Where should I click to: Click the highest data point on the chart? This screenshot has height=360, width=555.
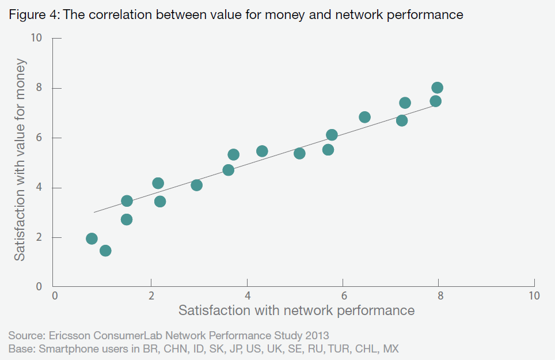pos(437,88)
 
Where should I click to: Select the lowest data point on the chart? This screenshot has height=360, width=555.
pos(105,251)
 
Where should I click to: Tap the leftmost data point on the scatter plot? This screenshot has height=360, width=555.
pos(92,238)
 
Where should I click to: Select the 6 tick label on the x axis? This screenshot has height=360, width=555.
pos(343,297)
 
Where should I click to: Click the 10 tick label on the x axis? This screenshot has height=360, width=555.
pos(534,297)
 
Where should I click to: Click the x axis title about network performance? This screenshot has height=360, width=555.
pos(296,311)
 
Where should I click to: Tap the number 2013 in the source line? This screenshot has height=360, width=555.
pos(317,335)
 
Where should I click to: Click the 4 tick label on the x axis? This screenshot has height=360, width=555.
pos(247,297)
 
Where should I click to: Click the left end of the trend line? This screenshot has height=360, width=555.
pos(94,213)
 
